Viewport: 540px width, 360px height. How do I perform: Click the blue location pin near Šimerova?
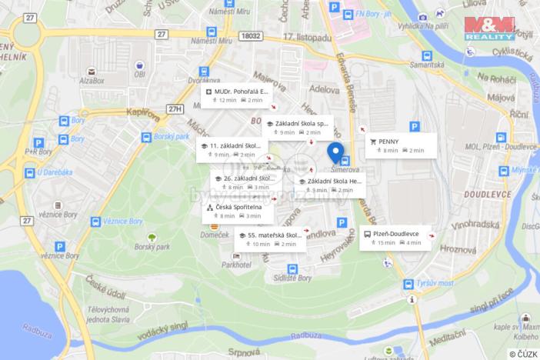pyautogui.click(x=335, y=152)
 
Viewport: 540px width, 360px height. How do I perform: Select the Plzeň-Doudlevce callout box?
pyautogui.click(x=395, y=238)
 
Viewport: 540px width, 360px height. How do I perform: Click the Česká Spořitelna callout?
pyautogui.click(x=236, y=211)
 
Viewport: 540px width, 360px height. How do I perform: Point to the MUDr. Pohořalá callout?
pyautogui.click(x=238, y=95)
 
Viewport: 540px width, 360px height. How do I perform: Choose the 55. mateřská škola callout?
pyautogui.click(x=268, y=239)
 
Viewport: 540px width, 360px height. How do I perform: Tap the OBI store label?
pyautogui.click(x=140, y=75)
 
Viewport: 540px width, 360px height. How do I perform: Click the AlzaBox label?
pyautogui.click(x=92, y=79)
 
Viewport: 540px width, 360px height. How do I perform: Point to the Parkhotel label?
pyautogui.click(x=235, y=264)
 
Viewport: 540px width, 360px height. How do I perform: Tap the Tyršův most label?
pyautogui.click(x=434, y=284)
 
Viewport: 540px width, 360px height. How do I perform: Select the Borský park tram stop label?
pyautogui.click(x=172, y=136)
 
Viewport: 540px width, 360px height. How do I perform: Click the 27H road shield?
pyautogui.click(x=175, y=109)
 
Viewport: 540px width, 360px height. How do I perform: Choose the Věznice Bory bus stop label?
pyautogui.click(x=125, y=222)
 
